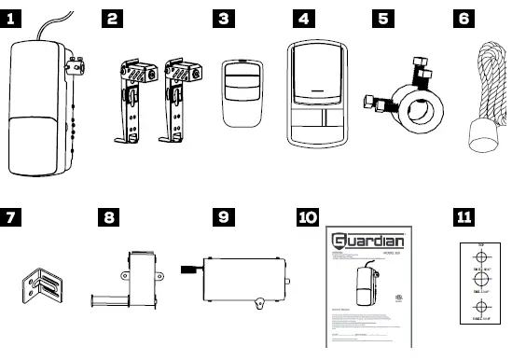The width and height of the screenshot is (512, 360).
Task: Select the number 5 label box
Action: (x=382, y=18)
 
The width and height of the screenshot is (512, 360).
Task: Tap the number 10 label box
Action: (x=307, y=217)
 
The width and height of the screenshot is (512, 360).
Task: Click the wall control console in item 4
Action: (x=317, y=93)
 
